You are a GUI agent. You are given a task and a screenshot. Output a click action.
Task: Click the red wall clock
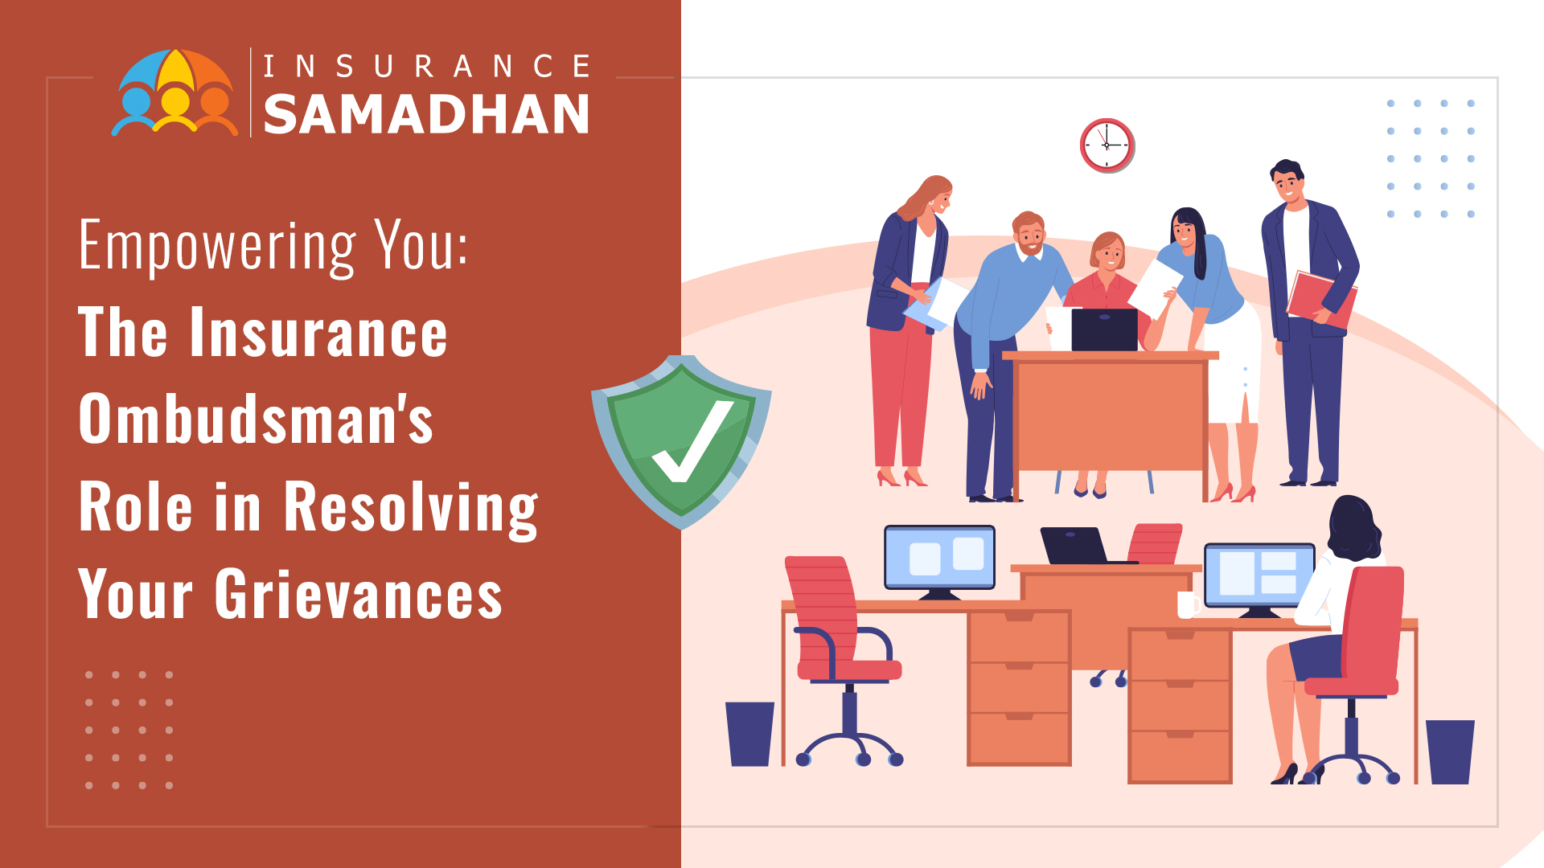coord(1107,145)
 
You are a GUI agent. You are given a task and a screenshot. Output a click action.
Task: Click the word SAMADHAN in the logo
coord(426,114)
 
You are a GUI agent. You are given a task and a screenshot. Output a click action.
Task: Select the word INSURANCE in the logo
coord(427,66)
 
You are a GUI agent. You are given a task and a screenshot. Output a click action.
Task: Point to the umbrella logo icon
coord(175,92)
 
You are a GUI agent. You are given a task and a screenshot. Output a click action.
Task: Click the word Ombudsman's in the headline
coord(256,419)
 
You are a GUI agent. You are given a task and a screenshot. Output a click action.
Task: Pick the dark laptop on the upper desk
coord(1104,330)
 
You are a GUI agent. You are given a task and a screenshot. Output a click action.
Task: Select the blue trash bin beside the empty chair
coord(749,734)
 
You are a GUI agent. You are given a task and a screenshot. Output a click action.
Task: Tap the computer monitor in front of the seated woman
coord(1258,579)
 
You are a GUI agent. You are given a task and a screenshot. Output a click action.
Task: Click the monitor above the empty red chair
coord(939,561)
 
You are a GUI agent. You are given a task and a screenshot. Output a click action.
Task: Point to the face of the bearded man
coord(1029,235)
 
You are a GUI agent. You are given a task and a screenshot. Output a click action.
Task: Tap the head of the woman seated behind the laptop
coord(1108,252)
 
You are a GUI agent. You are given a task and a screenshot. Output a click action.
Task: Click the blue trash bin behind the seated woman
coord(1450,751)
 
